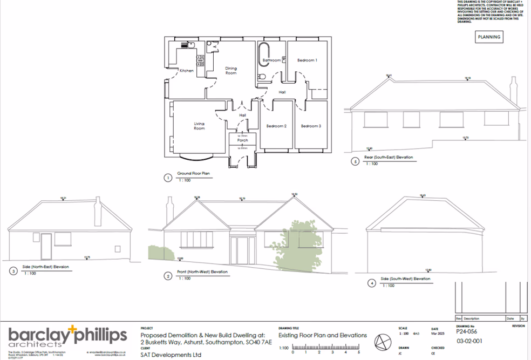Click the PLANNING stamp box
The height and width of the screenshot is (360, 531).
pos(489,37)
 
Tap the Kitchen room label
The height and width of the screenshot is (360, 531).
pos(187,71)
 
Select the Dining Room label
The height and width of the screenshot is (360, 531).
pos(231,71)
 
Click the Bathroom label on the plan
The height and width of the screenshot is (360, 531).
pos(271,60)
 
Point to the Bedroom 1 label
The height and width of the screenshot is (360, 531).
pos(308,60)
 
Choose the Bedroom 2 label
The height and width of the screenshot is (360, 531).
pos(276,126)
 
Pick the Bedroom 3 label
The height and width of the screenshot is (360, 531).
pos(311,126)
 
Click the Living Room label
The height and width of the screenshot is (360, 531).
pos(200,126)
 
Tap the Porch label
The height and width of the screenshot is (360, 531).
pos(242,140)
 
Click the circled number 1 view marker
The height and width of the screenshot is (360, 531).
pos(168,176)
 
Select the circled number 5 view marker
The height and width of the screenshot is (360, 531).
pos(355,160)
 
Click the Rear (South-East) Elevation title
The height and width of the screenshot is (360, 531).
pos(389,158)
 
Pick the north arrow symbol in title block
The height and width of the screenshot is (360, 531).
pos(383,342)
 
